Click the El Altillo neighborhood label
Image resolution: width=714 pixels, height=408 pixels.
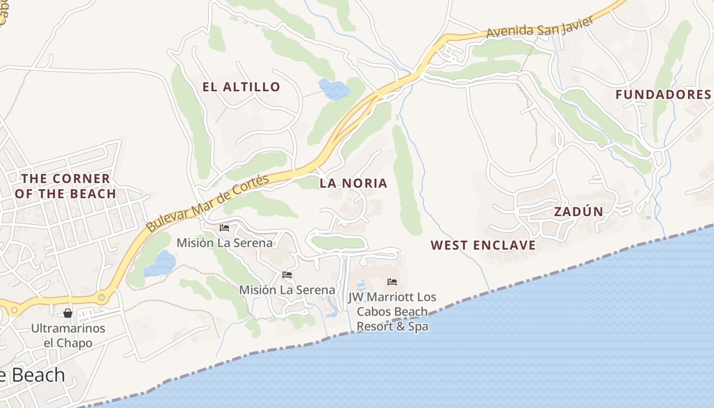(x=241, y=87)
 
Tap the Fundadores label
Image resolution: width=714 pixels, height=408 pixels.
(x=663, y=94)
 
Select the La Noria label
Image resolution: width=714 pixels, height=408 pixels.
(x=353, y=183)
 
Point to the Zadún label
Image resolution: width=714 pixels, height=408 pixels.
(x=578, y=212)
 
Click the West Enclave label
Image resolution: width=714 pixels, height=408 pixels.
(x=483, y=245)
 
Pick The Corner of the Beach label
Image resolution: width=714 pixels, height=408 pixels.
(x=65, y=186)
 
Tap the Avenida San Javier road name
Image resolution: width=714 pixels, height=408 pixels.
(x=540, y=27)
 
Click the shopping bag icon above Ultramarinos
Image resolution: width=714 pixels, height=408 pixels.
(x=68, y=313)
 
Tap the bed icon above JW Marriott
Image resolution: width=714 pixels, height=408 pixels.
(x=392, y=282)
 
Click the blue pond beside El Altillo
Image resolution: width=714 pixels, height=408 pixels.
(x=334, y=88)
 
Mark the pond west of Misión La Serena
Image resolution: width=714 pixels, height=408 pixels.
(x=160, y=263)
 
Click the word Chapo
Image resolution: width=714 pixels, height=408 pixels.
(x=75, y=343)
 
